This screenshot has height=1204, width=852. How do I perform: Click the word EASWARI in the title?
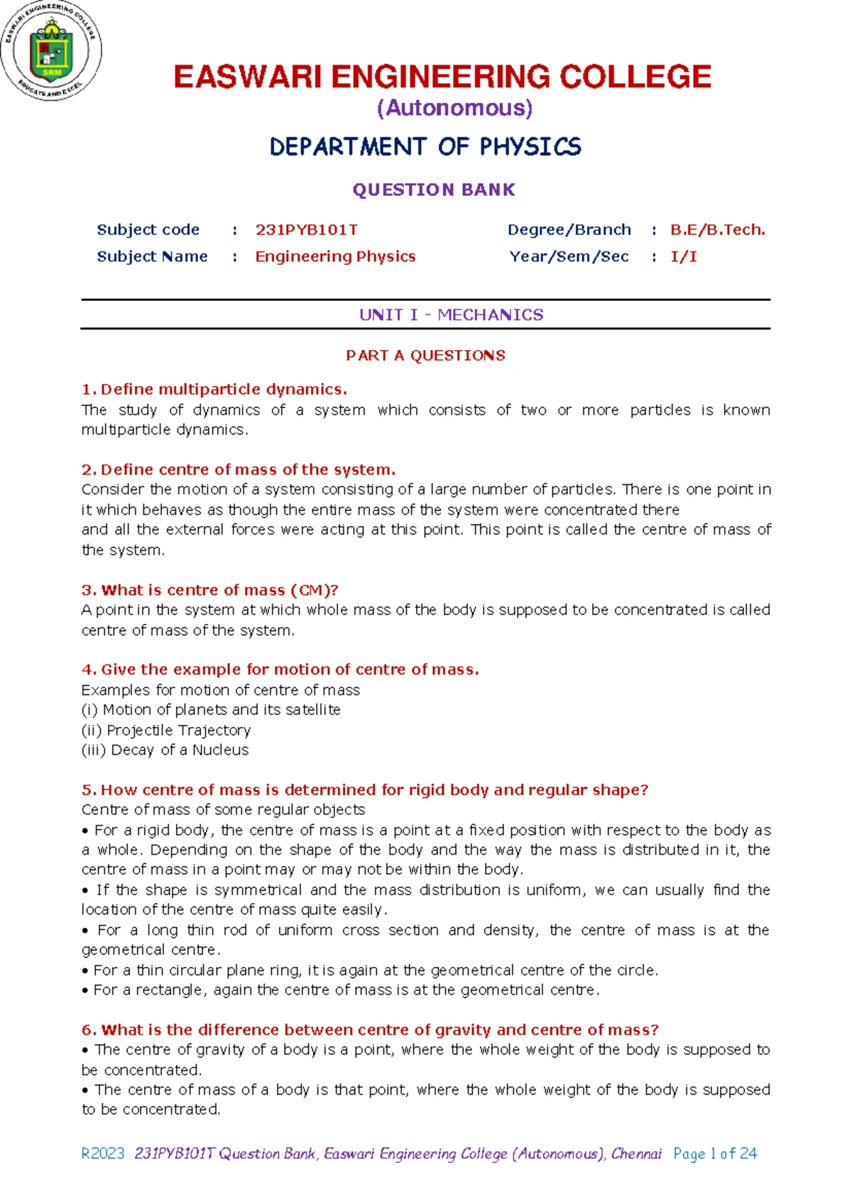click(248, 77)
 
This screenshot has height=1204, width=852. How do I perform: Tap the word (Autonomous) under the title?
click(454, 108)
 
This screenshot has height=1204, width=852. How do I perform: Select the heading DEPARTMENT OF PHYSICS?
click(425, 147)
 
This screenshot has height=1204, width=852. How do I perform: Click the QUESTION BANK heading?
click(434, 190)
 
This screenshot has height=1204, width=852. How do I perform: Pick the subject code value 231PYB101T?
click(306, 230)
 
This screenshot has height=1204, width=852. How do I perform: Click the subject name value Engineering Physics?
click(335, 256)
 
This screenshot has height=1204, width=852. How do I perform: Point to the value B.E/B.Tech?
click(717, 230)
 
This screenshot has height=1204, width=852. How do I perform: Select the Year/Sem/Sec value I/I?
click(683, 256)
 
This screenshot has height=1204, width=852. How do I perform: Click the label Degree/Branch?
click(569, 230)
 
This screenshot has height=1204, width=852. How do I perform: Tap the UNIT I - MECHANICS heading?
click(451, 314)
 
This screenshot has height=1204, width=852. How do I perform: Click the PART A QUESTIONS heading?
click(425, 356)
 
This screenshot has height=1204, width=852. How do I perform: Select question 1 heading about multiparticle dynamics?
click(215, 389)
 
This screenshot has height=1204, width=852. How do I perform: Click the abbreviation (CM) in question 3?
click(307, 590)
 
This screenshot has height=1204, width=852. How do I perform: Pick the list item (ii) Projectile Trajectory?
click(166, 730)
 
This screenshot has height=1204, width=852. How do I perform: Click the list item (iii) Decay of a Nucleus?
click(165, 750)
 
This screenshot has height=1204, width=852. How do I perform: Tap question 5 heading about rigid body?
click(365, 789)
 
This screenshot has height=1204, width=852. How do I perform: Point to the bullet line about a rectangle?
click(341, 990)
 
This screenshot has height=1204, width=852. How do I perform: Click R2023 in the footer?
click(103, 1154)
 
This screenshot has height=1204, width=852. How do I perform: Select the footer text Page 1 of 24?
click(715, 1154)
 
